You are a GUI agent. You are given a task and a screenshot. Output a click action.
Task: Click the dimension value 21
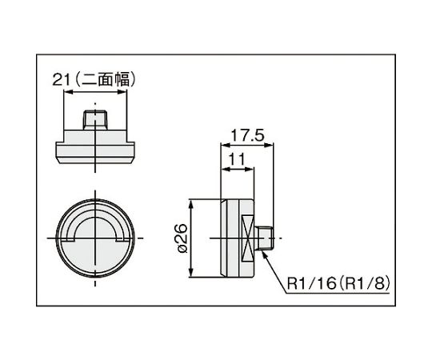(x=60, y=80)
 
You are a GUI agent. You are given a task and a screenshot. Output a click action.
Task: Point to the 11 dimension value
(x=235, y=159)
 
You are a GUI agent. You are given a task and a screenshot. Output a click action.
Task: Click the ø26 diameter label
(x=181, y=238)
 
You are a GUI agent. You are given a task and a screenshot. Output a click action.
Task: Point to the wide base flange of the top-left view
(x=96, y=150)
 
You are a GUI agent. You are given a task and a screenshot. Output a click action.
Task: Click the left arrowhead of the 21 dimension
(x=66, y=92)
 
